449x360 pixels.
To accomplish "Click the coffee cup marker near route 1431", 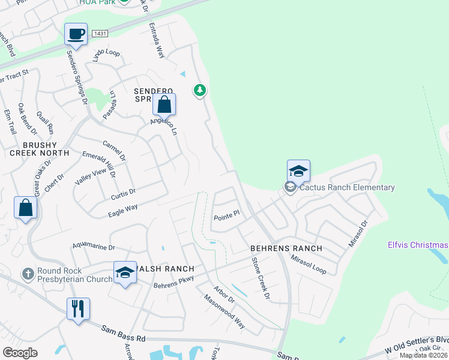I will pos(76,34).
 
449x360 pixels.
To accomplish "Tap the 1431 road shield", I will pos(100,34).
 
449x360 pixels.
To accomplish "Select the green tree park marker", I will pos(199,91).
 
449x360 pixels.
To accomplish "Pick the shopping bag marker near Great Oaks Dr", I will pos(26,208).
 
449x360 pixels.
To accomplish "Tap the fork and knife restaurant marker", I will pos(78,308).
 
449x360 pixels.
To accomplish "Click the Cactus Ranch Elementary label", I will pos(347,187).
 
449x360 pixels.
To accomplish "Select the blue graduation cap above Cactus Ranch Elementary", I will pos(298,171).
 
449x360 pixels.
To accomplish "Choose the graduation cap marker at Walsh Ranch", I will pos(125,272).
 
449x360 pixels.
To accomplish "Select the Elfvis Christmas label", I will pos(418,245).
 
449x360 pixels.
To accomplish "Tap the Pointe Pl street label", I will pos(227,213).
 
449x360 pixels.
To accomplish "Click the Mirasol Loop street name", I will pos(309,265).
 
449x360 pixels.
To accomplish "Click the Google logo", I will pos(20,353).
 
